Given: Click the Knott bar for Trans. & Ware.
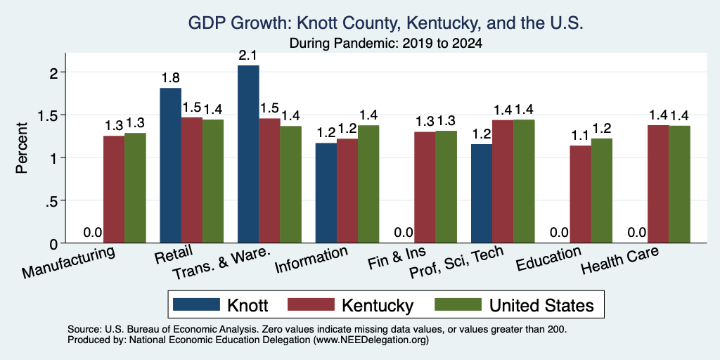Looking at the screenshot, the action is (x=248, y=154).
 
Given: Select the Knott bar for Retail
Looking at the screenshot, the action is (x=170, y=165).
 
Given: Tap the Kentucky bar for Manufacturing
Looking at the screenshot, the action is (x=114, y=189).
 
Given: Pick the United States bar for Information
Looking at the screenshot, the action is (x=368, y=184).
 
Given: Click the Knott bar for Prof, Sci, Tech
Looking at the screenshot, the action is (x=482, y=193).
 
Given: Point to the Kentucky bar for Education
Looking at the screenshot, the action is (x=580, y=194).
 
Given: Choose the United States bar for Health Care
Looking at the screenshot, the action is (x=680, y=184).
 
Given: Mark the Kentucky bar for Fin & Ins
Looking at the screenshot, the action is (x=425, y=187).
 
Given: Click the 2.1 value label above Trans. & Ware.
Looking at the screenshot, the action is (x=248, y=56).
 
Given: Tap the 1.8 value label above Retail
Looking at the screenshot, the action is (x=170, y=78).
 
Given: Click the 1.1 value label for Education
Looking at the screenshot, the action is (x=580, y=136).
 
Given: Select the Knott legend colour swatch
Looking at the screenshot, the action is (x=196, y=304).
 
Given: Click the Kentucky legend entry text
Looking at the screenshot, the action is (x=378, y=305).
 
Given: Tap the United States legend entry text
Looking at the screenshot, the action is (x=541, y=305).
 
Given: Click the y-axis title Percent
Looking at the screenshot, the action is (x=22, y=148).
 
